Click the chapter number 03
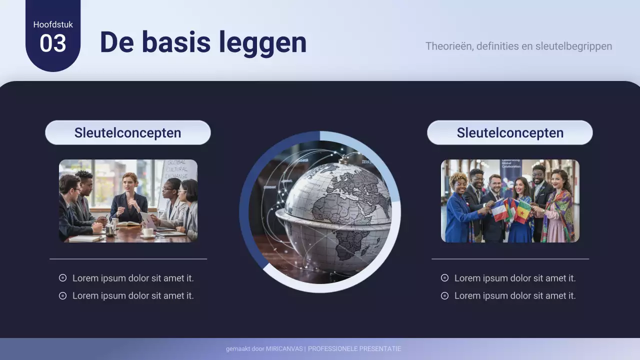pos(53,43)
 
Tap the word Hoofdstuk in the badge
pos(53,24)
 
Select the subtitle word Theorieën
pos(448,46)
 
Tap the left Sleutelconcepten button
pos(127,132)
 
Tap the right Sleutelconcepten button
pos(509,132)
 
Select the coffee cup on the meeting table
pos(148,231)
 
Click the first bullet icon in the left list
pos(62,278)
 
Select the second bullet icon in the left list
pos(62,295)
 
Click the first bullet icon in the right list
pos(444,278)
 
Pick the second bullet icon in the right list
pos(444,295)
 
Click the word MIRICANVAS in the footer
pos(284,349)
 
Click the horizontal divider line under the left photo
pos(128,259)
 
